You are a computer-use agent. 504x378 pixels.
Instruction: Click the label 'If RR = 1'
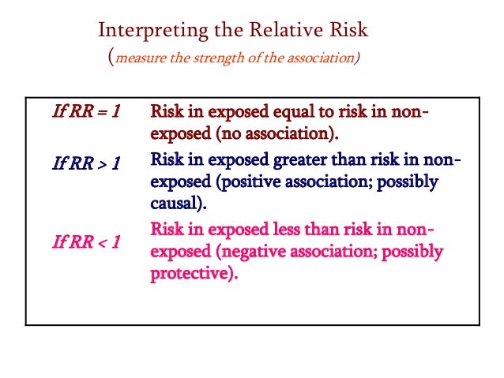click(x=85, y=111)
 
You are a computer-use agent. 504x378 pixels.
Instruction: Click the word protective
click(x=191, y=275)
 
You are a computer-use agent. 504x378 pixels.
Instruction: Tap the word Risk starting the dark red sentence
click(x=167, y=111)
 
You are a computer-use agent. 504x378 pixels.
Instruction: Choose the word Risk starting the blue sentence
click(x=167, y=159)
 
